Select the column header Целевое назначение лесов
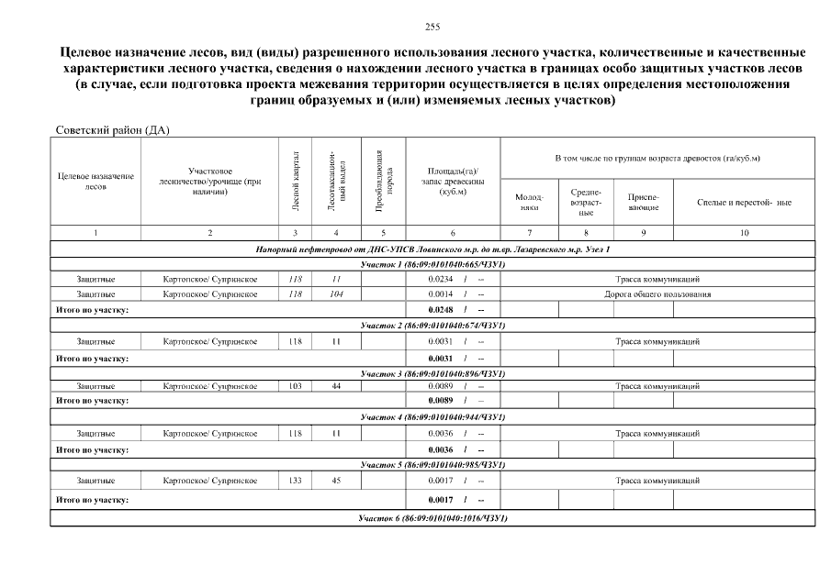click(x=95, y=181)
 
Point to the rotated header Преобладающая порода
click(x=384, y=179)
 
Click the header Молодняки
click(x=531, y=203)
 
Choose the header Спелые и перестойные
click(x=744, y=202)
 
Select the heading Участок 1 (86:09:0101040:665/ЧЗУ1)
click(x=433, y=264)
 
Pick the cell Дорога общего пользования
click(x=657, y=294)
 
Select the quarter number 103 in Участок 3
click(x=295, y=387)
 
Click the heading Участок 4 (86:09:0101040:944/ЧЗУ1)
click(x=433, y=417)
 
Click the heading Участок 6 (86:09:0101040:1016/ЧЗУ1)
click(x=433, y=518)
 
